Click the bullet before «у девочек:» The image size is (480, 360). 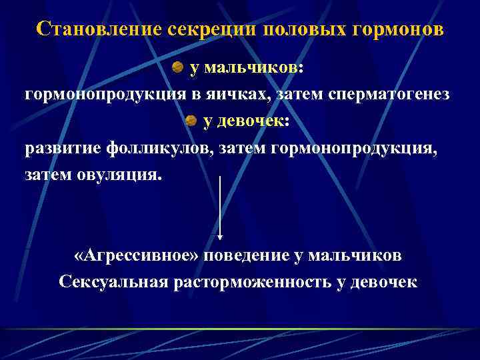pyautogui.click(x=191, y=121)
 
